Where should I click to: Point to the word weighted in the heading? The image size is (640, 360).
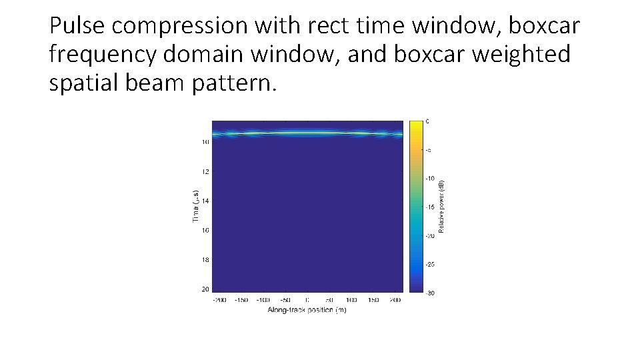[521, 55]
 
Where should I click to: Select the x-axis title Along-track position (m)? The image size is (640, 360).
[307, 310]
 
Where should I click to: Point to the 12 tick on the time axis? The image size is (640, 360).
[205, 171]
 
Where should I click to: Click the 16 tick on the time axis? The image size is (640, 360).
[205, 231]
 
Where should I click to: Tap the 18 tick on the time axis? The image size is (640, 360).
[205, 260]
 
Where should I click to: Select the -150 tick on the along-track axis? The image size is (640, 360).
[241, 301]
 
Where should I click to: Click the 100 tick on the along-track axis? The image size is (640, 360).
[351, 301]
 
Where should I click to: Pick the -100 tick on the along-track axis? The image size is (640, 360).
[263, 301]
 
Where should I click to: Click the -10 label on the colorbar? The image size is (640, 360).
[430, 179]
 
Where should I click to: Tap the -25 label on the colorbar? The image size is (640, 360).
[430, 265]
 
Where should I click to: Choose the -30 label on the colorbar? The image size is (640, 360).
[430, 293]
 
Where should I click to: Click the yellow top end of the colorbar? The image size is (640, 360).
[417, 124]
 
